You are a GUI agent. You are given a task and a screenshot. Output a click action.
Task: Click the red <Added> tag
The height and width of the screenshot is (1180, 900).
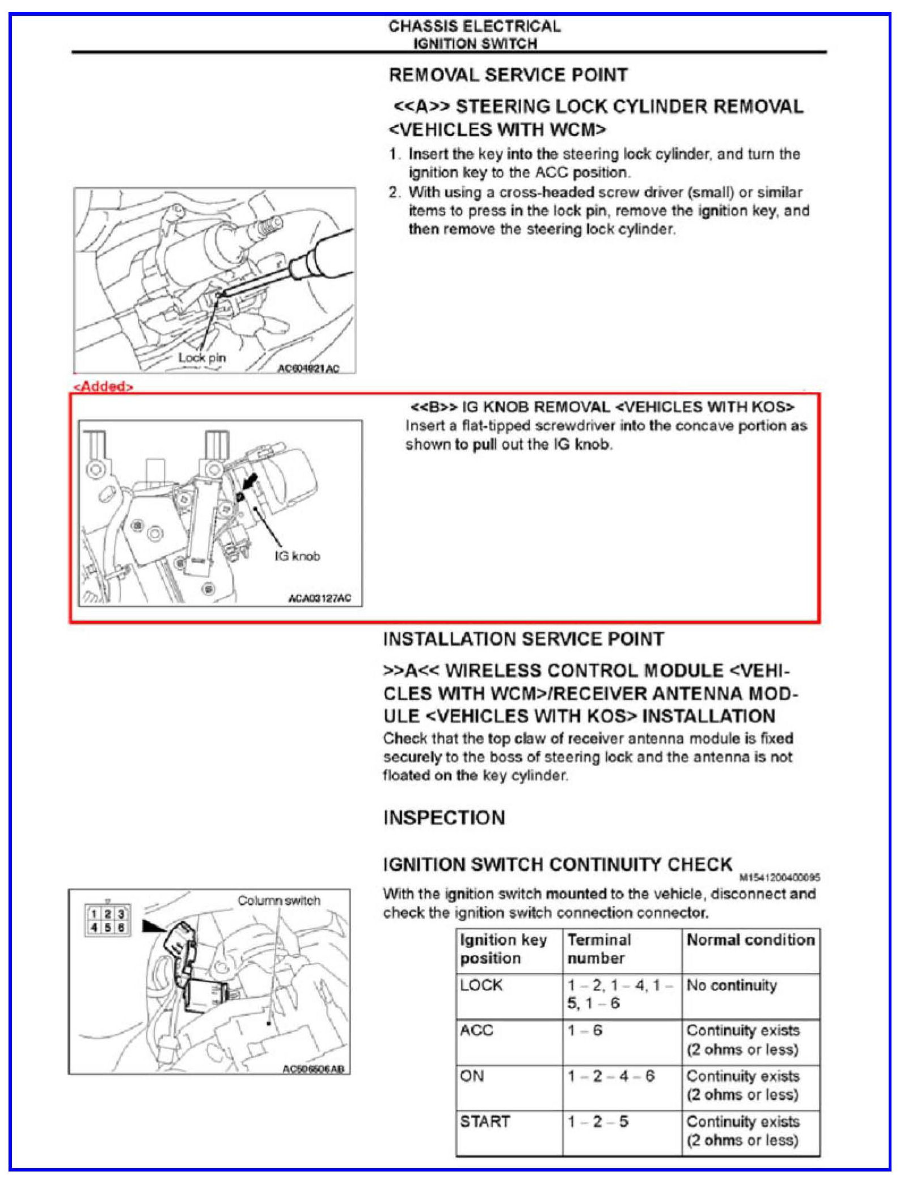point(103,387)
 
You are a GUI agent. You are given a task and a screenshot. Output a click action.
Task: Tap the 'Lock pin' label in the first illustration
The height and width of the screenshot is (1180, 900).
point(202,358)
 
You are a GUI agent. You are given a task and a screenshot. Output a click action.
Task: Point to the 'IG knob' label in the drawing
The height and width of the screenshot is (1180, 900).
point(297,556)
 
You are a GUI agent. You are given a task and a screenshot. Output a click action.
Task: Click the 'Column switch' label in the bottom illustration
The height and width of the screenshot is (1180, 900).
point(278,900)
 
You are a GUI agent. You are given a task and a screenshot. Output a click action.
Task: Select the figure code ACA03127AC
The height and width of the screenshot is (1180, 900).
point(320,598)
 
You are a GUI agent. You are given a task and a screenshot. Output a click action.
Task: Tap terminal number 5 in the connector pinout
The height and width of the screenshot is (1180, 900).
point(107,928)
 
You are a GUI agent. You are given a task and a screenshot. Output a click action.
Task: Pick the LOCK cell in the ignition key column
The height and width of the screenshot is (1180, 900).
point(481,985)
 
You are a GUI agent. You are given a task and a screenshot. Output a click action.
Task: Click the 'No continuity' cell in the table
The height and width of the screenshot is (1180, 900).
point(732,986)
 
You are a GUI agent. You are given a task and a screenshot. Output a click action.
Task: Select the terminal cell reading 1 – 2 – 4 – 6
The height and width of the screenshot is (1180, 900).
point(611,1076)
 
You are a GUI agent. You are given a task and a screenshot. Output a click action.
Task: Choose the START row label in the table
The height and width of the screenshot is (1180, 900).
point(485,1122)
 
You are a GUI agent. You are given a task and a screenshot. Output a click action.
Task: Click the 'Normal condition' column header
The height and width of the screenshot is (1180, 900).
point(750,940)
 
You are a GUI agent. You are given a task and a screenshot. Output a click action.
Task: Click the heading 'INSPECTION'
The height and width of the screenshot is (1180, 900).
point(444,818)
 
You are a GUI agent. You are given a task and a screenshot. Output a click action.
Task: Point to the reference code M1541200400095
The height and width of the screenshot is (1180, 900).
point(780,878)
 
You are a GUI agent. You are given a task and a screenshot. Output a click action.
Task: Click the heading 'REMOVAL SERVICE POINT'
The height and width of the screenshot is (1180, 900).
point(508,75)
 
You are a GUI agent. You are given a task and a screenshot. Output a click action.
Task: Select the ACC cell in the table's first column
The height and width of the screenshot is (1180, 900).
point(476,1030)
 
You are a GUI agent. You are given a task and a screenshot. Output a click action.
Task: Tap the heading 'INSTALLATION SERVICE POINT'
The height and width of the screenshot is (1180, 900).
point(523,639)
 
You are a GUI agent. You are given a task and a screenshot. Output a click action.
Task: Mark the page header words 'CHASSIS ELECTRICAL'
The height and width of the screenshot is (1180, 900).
point(474,26)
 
